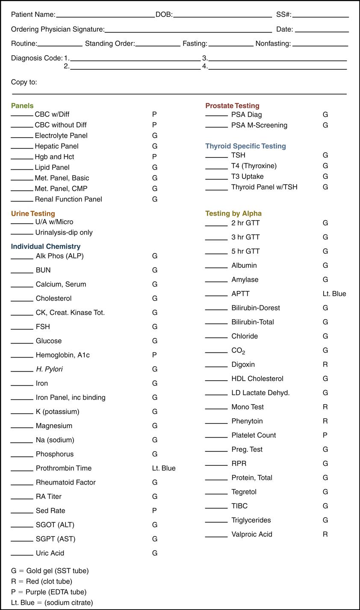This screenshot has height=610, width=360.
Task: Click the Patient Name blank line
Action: [x=105, y=16]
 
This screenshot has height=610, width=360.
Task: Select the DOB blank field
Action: [x=222, y=16]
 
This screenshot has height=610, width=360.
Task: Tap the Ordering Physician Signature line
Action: [x=188, y=31]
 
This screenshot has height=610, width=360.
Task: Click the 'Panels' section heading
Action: [x=22, y=106]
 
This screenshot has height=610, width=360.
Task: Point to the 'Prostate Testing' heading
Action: [x=232, y=106]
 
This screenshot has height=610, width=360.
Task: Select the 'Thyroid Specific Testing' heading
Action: [x=245, y=146]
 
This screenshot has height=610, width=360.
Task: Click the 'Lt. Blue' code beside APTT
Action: [x=334, y=294]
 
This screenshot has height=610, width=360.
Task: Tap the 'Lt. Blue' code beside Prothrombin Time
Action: [x=164, y=468]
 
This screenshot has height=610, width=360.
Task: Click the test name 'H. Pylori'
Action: [x=49, y=369]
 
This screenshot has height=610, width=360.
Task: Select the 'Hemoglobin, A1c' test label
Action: [x=63, y=355]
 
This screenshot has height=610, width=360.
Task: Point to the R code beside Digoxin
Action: [x=325, y=364]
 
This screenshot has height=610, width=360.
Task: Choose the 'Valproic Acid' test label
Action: [x=252, y=534]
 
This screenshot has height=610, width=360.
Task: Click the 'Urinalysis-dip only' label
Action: [x=64, y=233]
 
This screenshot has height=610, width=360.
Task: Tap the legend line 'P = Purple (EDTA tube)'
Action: [x=49, y=592]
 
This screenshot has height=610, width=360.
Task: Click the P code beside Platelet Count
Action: [x=325, y=435]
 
